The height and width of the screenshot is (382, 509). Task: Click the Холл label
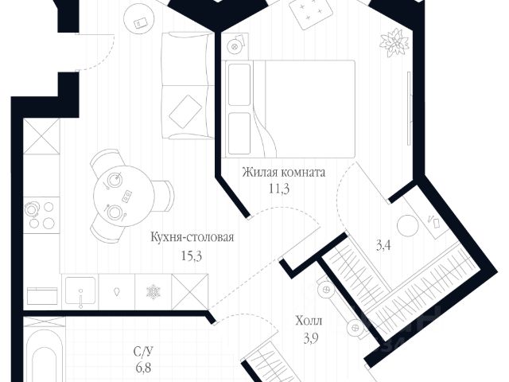(x=309, y=322)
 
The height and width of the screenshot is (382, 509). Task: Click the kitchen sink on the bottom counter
(x=81, y=290)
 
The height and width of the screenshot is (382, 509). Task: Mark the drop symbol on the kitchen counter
(x=117, y=290)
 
